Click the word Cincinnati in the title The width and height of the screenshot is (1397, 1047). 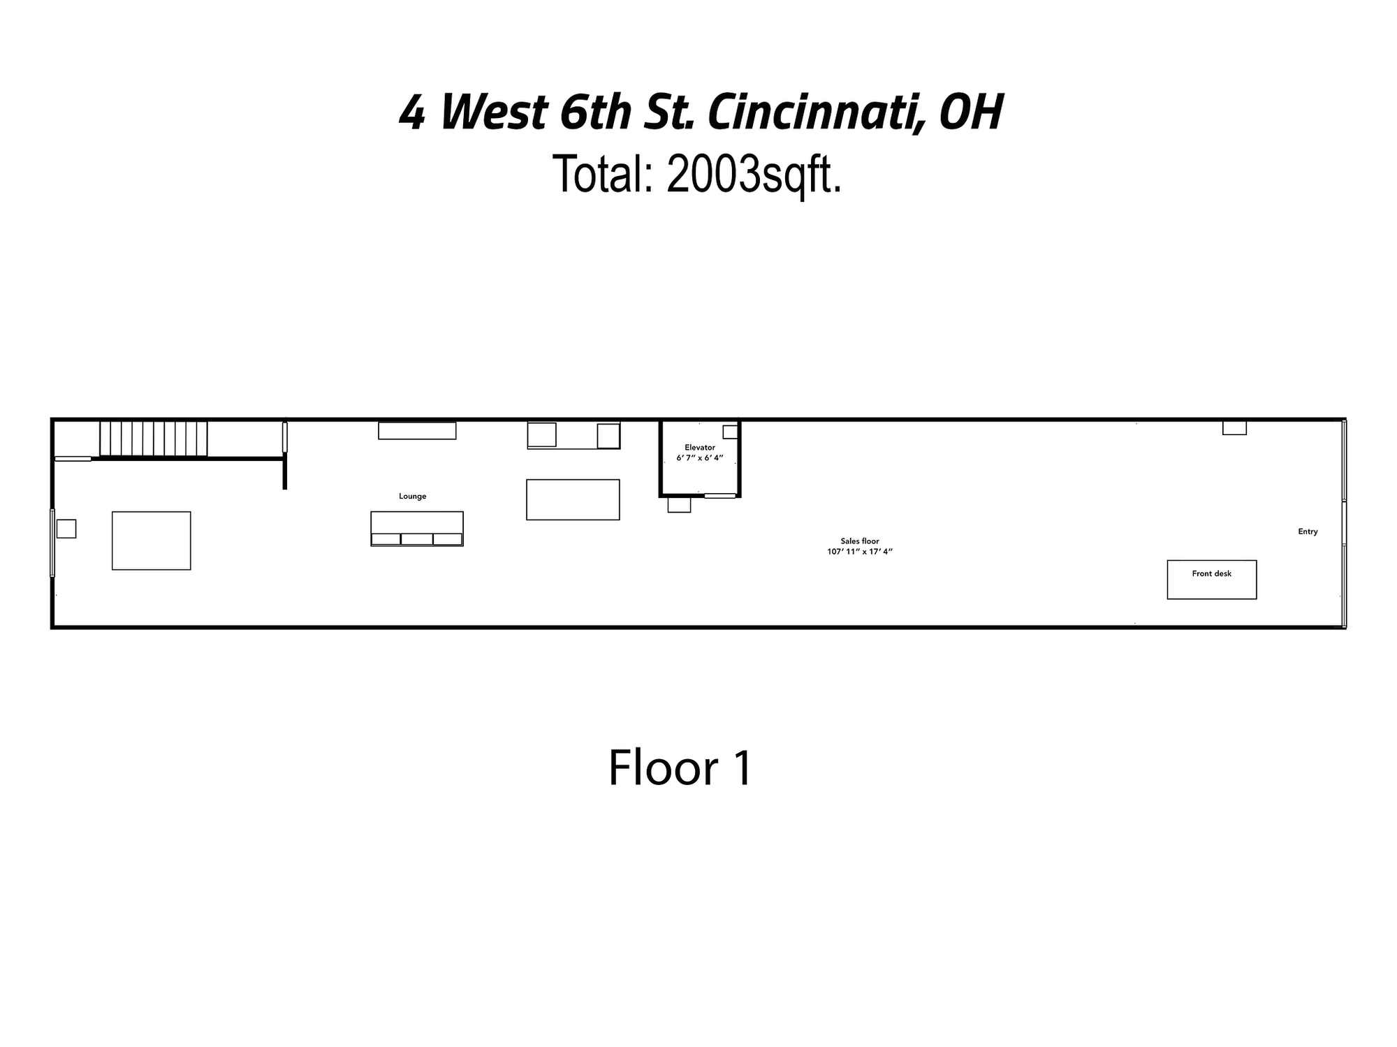click(x=813, y=112)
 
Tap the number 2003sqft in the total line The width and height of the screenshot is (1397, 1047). click(x=754, y=174)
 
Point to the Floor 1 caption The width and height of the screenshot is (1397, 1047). click(x=680, y=768)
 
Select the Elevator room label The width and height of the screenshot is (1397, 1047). click(x=700, y=447)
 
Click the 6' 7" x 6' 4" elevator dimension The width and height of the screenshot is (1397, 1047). click(x=700, y=458)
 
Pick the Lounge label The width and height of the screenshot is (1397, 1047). click(x=412, y=497)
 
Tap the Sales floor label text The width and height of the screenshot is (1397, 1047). click(x=860, y=541)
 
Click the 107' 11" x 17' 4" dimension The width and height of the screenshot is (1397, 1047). click(x=860, y=552)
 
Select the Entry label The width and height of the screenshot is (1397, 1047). click(x=1308, y=532)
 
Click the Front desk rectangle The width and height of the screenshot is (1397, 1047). click(x=1212, y=580)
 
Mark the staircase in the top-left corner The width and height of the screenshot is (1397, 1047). click(x=154, y=439)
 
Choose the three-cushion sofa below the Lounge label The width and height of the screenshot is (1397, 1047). click(x=417, y=529)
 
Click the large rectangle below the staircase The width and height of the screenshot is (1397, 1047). click(x=152, y=541)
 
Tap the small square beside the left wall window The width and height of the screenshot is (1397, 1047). click(x=66, y=529)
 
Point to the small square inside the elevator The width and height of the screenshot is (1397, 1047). click(x=730, y=432)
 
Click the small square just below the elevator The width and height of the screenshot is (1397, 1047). click(x=679, y=504)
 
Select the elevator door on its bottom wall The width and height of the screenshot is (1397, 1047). click(x=720, y=496)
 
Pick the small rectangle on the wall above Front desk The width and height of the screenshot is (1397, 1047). click(x=1234, y=428)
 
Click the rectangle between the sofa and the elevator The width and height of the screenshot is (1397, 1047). click(x=573, y=499)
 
